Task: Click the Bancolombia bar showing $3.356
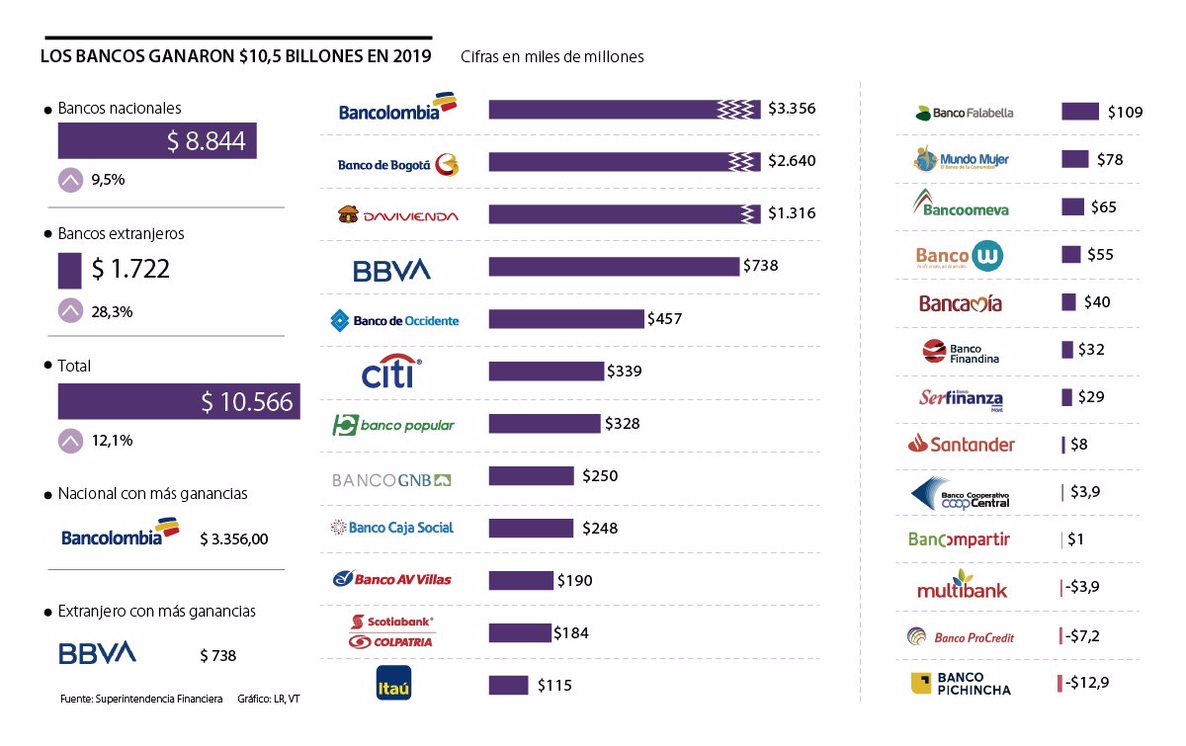625,109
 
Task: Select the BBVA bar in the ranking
614,266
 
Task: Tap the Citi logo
392,373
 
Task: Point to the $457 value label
665,318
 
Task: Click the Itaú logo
393,684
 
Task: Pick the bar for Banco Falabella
1080,112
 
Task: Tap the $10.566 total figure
247,402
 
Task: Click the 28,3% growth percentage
112,311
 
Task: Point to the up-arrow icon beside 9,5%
70,180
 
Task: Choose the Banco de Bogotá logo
397,164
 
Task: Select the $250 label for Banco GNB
600,475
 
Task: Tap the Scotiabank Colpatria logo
392,631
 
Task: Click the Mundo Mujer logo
962,159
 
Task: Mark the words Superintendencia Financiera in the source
158,699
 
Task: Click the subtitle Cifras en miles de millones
552,57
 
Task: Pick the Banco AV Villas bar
521,580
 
